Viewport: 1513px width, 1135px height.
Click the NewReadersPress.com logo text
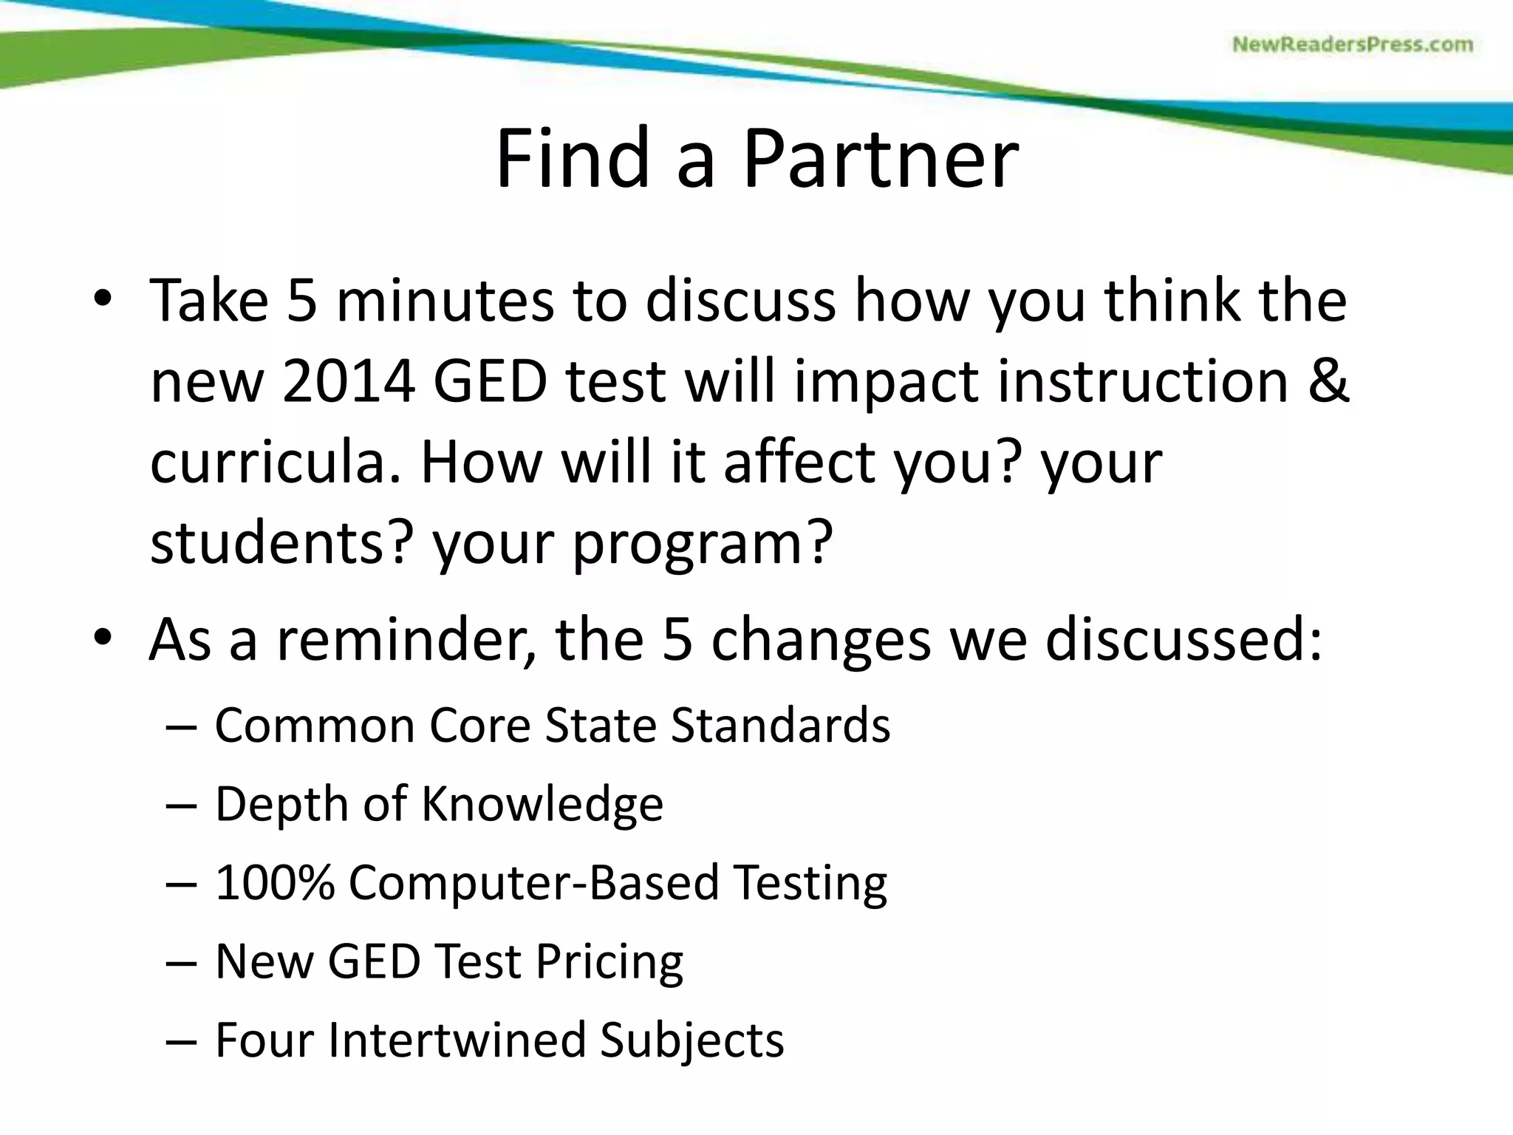pyautogui.click(x=1352, y=45)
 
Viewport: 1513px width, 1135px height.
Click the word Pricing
pyautogui.click(x=609, y=962)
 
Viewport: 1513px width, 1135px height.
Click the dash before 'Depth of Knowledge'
pyautogui.click(x=181, y=805)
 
